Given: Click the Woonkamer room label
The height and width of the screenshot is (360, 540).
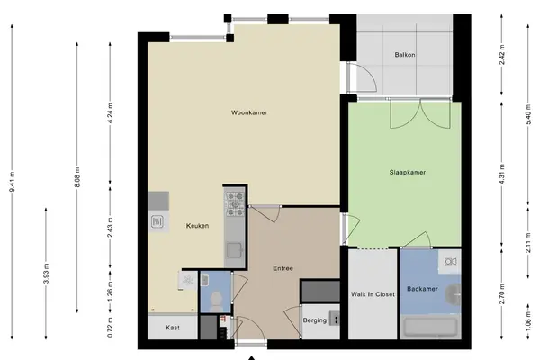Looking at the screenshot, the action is pyautogui.click(x=249, y=112).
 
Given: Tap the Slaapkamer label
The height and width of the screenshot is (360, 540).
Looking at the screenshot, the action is pyautogui.click(x=408, y=172).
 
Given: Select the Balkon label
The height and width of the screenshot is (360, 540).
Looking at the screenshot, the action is pyautogui.click(x=405, y=55).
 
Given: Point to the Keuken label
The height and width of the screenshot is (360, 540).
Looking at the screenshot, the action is pyautogui.click(x=197, y=226).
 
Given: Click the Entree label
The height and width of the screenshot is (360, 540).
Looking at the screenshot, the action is pyautogui.click(x=283, y=268).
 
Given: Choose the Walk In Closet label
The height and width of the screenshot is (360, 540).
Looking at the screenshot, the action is pyautogui.click(x=373, y=294).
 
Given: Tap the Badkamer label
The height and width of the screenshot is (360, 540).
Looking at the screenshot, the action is pyautogui.click(x=422, y=289).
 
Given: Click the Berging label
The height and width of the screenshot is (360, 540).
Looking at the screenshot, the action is pyautogui.click(x=315, y=320).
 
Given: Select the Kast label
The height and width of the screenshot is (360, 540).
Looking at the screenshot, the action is pyautogui.click(x=173, y=328).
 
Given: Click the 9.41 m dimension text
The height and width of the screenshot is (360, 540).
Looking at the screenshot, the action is pyautogui.click(x=12, y=181).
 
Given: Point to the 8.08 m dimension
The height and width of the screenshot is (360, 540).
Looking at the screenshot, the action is pyautogui.click(x=77, y=177).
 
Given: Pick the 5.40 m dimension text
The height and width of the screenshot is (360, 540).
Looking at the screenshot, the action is pyautogui.click(x=528, y=114).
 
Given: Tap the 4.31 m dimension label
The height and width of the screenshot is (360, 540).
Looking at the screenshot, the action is pyautogui.click(x=502, y=175).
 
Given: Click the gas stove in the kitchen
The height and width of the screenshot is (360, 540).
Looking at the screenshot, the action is pyautogui.click(x=235, y=204).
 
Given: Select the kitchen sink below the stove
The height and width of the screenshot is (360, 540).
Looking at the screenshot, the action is pyautogui.click(x=234, y=250).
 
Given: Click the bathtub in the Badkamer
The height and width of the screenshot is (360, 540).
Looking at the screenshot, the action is pyautogui.click(x=430, y=328).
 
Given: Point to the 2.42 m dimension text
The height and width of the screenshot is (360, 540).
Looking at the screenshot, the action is pyautogui.click(x=502, y=55).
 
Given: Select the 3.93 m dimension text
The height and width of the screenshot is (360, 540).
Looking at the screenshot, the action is pyautogui.click(x=46, y=274).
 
